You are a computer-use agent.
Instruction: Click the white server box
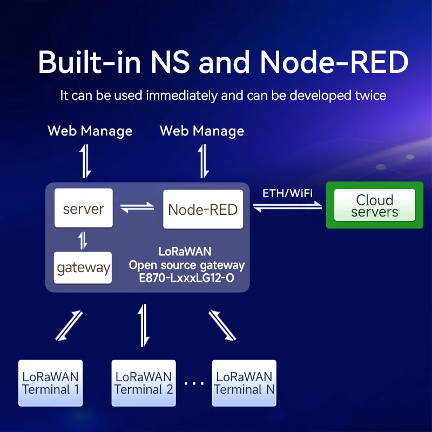(84, 208)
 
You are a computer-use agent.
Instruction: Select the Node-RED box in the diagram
(203, 209)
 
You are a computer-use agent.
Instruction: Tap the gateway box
(83, 268)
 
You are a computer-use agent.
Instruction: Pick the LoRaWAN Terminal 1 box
(50, 383)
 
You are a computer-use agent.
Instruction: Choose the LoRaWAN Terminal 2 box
(144, 383)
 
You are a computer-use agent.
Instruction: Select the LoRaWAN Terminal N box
(244, 383)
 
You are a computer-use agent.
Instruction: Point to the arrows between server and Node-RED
(137, 208)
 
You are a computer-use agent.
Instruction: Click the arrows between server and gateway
(83, 240)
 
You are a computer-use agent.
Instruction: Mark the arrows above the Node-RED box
(203, 161)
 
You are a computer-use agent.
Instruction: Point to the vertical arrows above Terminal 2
(143, 325)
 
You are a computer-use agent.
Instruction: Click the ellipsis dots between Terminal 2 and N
(193, 383)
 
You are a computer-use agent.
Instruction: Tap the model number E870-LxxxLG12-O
(187, 279)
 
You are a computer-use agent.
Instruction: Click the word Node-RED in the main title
(334, 63)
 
